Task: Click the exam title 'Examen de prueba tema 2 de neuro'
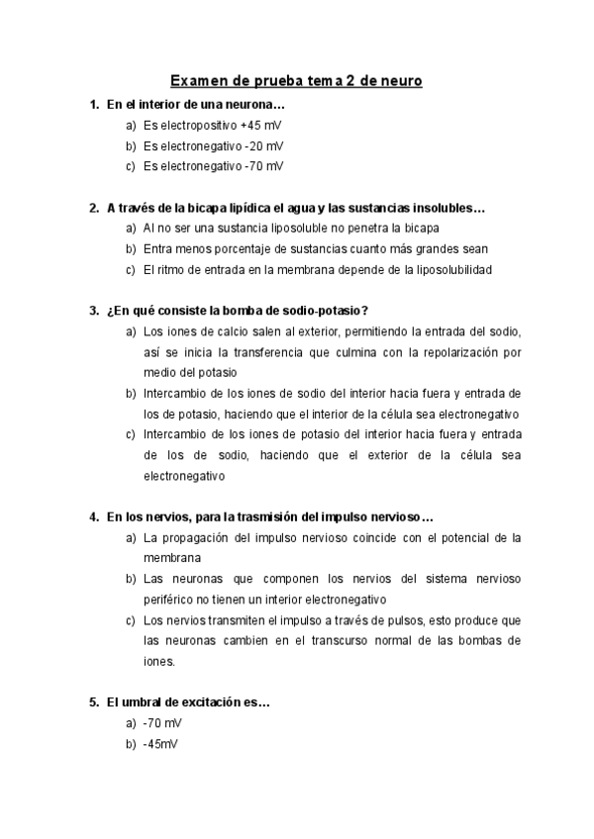(296, 80)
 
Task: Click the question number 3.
(93, 310)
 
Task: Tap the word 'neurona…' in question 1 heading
(257, 104)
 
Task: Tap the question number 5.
(93, 702)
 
